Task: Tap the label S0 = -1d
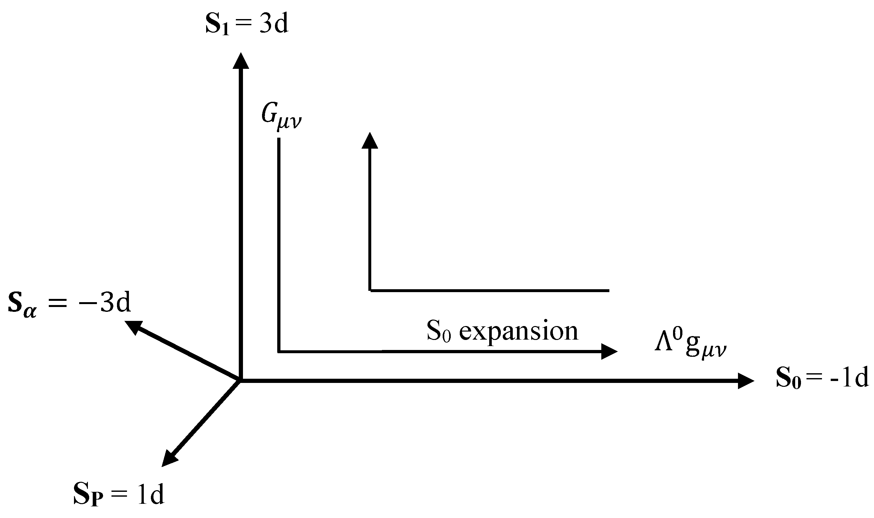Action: tap(822, 378)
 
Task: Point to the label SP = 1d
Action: tap(119, 495)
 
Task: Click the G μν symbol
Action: tap(281, 117)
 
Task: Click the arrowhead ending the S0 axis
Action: tap(745, 381)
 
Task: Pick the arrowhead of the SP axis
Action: tap(169, 458)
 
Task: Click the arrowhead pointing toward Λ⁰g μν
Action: tap(609, 352)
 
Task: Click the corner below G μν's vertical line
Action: tap(279, 352)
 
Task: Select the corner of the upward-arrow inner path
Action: tap(370, 291)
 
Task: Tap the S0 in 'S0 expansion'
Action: tap(438, 331)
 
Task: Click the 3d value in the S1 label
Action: tap(274, 25)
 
